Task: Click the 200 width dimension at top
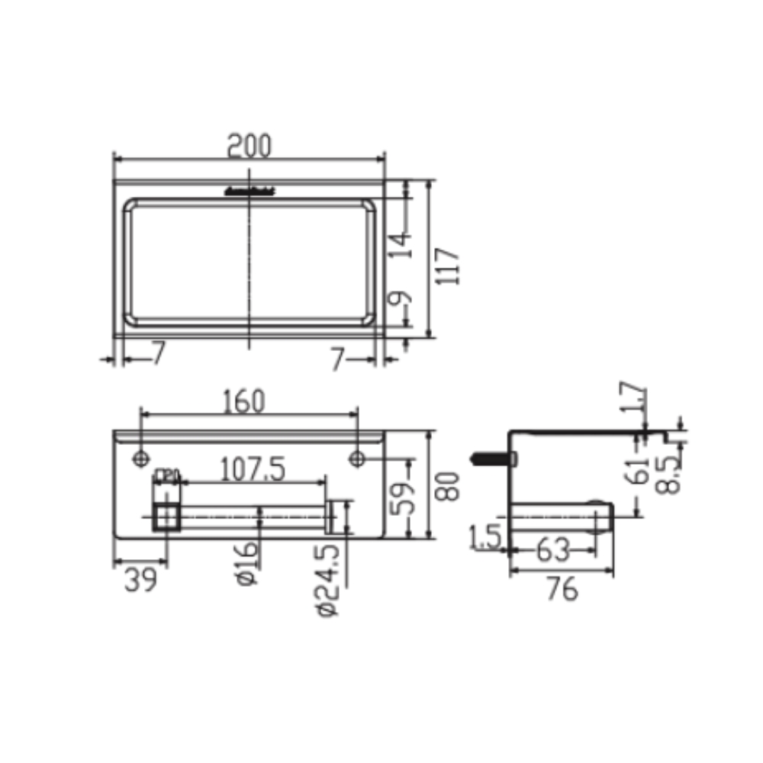(250, 146)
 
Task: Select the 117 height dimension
(450, 266)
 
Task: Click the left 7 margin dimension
(158, 353)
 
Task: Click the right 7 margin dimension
(338, 358)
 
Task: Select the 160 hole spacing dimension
(244, 401)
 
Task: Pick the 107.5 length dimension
(253, 469)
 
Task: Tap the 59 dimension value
(408, 497)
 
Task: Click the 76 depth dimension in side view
(562, 589)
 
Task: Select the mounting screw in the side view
(493, 459)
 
